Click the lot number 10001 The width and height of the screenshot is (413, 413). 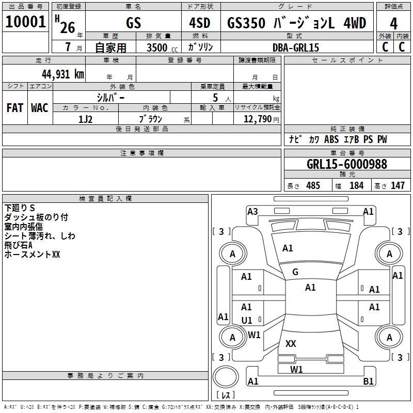point(25,22)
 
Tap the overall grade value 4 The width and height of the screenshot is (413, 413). point(393,24)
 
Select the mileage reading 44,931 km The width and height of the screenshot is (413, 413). point(63,74)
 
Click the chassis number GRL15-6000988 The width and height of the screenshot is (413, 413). point(347,164)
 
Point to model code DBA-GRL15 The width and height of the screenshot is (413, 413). point(296,47)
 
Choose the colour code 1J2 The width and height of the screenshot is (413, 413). point(85,119)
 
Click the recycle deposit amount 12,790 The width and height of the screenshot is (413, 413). point(257,119)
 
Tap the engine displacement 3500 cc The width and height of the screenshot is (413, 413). point(162,47)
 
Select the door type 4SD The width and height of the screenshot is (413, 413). point(200,23)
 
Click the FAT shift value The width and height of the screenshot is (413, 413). point(15,108)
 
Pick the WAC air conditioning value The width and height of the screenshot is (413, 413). point(40,108)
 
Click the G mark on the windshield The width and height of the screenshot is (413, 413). point(295,272)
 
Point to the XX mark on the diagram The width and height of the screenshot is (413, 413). point(291,343)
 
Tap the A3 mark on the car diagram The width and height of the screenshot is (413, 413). point(252,212)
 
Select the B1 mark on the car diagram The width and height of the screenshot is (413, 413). point(368,381)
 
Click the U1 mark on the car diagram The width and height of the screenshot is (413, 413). point(247,320)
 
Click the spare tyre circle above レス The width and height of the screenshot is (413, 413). point(226,376)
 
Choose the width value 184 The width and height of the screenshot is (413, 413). point(356,185)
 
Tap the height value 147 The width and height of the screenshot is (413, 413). point(398,185)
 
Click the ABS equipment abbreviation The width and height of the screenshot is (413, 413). point(331,139)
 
